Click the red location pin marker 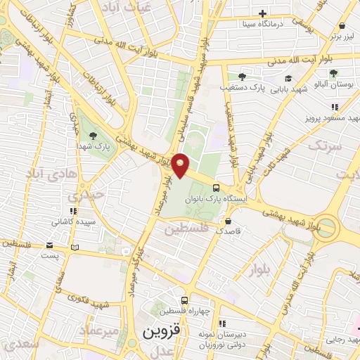click(181, 165)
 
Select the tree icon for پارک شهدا click(93, 135)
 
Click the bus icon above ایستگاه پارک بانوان click(215, 188)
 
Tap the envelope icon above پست click(49, 245)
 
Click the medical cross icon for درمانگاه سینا click(262, 13)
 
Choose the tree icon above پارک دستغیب click(243, 76)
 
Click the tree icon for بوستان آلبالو click(333, 73)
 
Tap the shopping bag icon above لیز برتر click(345, 21)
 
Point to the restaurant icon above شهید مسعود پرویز click(335, 107)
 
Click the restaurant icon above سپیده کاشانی click(72, 210)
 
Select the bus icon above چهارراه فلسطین click(185, 300)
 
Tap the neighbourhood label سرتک click(324, 146)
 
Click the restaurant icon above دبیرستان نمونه click(222, 324)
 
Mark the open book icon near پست click(75, 247)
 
